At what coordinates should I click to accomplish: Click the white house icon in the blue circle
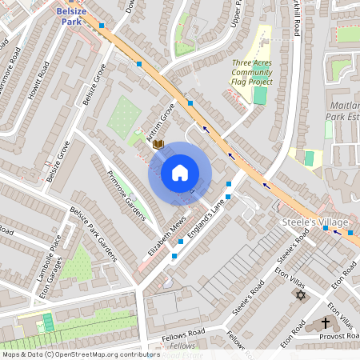tap(180, 173)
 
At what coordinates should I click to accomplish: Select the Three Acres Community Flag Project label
tap(253, 72)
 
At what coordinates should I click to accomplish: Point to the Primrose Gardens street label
tap(127, 197)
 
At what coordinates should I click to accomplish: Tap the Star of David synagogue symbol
tap(301, 296)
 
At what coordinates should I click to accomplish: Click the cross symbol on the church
tap(325, 323)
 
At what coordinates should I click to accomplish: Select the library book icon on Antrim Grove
tap(158, 144)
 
